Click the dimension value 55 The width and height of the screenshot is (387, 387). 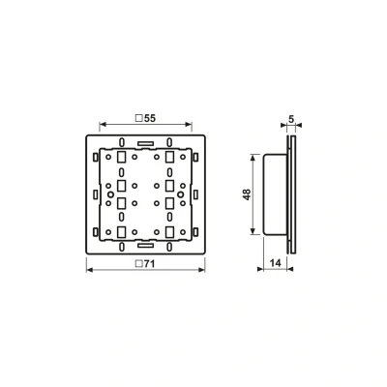[x=150, y=118]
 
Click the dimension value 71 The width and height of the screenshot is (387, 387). [x=149, y=264]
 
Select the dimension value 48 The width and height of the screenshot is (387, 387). [x=247, y=194]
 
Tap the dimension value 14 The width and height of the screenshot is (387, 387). [x=275, y=263]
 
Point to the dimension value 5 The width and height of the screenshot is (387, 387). [x=291, y=119]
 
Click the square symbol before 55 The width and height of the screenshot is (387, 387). [x=139, y=118]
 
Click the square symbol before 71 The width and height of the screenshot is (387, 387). [x=139, y=264]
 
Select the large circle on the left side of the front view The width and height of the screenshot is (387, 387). [x=110, y=194]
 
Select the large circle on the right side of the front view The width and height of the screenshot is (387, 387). [x=181, y=194]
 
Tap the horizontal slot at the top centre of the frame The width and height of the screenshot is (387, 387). [x=145, y=143]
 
